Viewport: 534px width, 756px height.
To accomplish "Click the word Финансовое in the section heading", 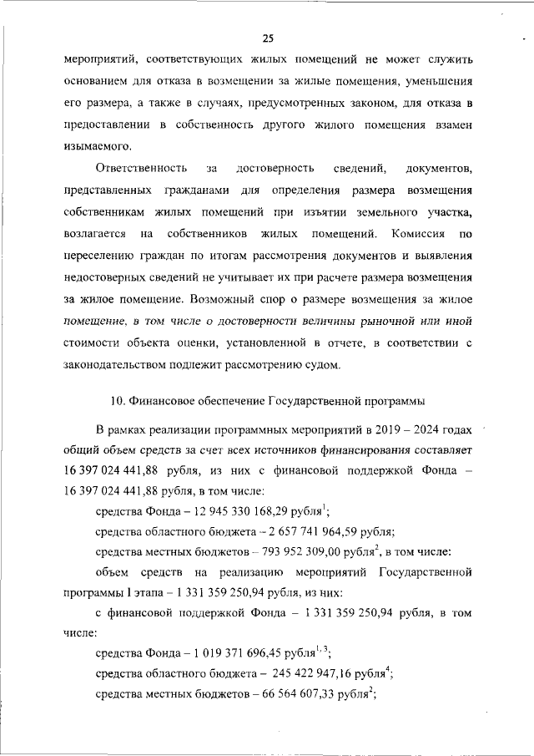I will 160,401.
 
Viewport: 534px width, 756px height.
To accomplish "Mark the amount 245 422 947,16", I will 300,673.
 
